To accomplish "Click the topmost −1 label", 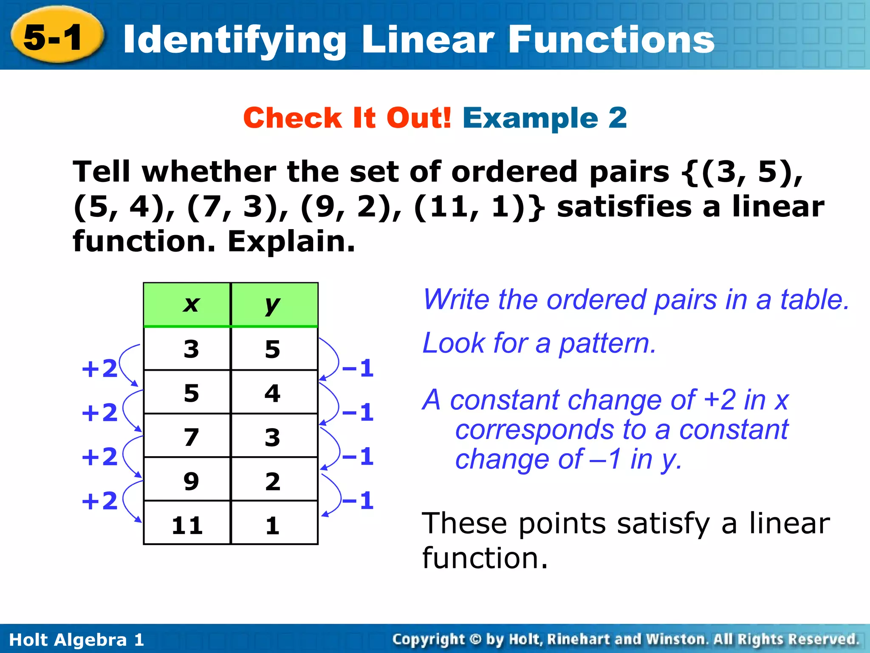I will pyautogui.click(x=358, y=368).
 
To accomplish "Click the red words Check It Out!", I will pyautogui.click(x=347, y=118).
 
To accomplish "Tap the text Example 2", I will pyautogui.click(x=545, y=118).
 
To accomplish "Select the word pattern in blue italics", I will pyautogui.click(x=607, y=343).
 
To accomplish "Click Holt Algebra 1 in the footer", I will pyautogui.click(x=76, y=639).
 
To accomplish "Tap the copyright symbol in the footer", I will pyautogui.click(x=476, y=639).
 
